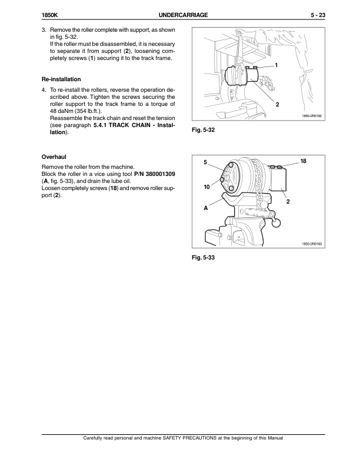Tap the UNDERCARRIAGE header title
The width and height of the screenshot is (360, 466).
[186, 16]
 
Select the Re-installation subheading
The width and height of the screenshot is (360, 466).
[61, 79]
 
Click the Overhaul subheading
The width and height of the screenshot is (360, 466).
[54, 158]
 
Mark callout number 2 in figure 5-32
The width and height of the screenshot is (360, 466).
[277, 104]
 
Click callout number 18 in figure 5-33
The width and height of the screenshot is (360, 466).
[304, 161]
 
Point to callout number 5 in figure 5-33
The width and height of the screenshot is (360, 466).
[205, 162]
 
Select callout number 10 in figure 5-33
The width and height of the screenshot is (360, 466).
[207, 187]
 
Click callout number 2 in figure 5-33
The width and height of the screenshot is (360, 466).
[288, 202]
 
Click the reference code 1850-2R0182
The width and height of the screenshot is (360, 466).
[312, 116]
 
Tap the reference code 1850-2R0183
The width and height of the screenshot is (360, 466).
[312, 244]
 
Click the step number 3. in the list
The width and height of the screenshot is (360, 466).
[43, 29]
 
